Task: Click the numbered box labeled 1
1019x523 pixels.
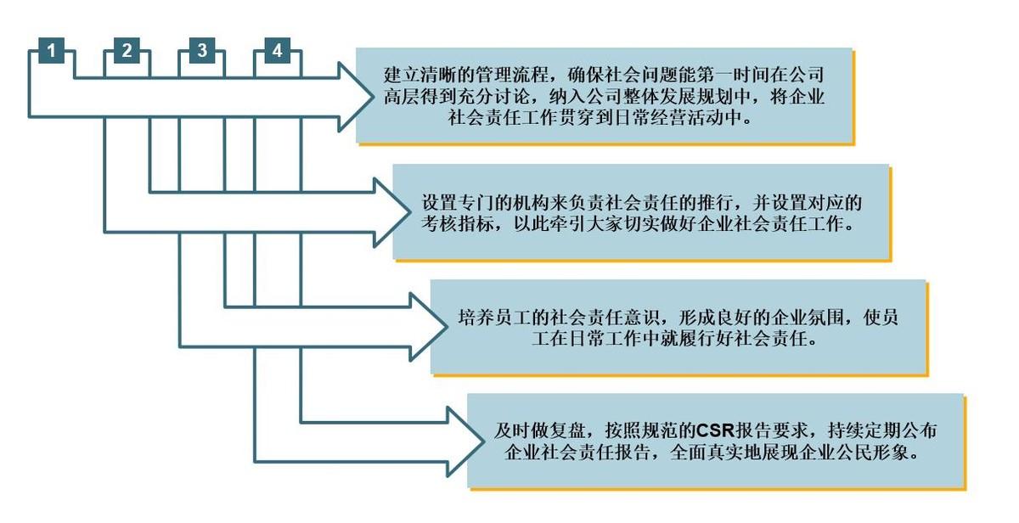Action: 52,51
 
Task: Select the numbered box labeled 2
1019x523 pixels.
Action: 127,51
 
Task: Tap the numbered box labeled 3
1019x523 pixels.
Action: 201,51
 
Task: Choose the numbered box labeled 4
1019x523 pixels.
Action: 277,51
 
